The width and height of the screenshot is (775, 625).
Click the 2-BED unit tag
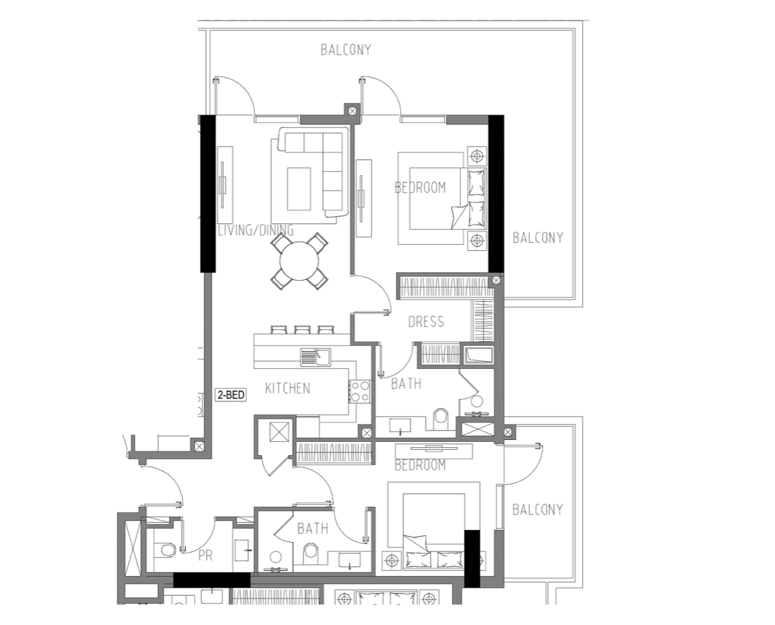point(231,395)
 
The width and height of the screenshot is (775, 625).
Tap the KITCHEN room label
point(288,388)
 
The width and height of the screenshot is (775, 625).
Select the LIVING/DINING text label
point(256,230)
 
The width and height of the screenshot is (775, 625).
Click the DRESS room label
point(426,322)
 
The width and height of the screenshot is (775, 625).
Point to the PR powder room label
point(205,556)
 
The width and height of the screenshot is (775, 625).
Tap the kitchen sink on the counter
point(315,357)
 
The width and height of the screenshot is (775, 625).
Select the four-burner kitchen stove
point(360,391)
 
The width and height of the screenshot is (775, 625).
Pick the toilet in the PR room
point(165,550)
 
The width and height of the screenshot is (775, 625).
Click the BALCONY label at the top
point(346,50)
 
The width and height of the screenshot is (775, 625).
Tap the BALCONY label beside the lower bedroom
point(537,510)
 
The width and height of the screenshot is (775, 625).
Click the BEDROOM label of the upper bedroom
point(420,188)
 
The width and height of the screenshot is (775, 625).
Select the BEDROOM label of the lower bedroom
point(420,465)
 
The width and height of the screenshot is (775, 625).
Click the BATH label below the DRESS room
point(406,383)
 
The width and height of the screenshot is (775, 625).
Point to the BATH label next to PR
point(313,529)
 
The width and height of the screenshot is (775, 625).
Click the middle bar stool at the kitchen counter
point(302,330)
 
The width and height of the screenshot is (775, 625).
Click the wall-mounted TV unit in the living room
point(225,185)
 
